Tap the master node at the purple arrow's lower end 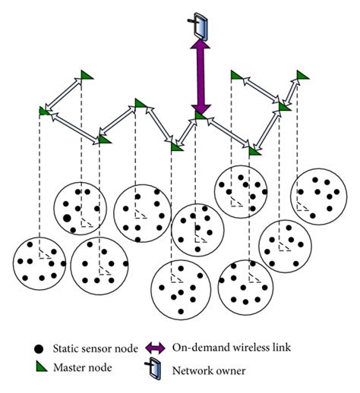point(200,115)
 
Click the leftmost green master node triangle point(43,111)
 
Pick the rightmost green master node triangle point(302,74)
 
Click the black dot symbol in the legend point(39,349)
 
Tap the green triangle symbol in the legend point(39,368)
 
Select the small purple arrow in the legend point(156,347)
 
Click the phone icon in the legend point(156,370)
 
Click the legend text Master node point(84,369)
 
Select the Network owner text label point(211,371)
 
